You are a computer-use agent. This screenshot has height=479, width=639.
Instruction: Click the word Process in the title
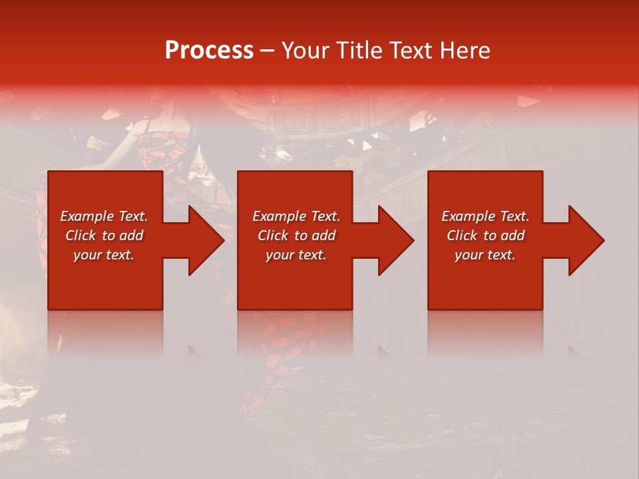(x=209, y=50)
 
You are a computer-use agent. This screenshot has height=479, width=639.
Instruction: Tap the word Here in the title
(x=464, y=50)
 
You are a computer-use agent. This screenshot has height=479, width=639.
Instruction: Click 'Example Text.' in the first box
(x=104, y=216)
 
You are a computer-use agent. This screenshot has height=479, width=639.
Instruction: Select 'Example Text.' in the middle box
(x=296, y=216)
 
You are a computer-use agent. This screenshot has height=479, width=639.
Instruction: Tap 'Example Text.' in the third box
(x=485, y=216)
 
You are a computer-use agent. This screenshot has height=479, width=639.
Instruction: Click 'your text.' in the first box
(x=104, y=255)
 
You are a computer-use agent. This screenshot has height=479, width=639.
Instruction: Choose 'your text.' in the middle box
(x=296, y=255)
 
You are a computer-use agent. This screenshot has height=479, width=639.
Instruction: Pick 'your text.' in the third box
(x=485, y=255)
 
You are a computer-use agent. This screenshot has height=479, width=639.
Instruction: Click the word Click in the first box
(x=81, y=236)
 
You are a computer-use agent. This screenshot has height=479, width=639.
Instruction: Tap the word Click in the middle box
(x=273, y=236)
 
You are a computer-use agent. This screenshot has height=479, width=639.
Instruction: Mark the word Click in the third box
(x=462, y=236)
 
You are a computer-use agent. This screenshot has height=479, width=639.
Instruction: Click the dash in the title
(x=267, y=51)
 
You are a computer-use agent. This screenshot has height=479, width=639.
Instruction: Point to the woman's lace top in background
(x=163, y=146)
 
